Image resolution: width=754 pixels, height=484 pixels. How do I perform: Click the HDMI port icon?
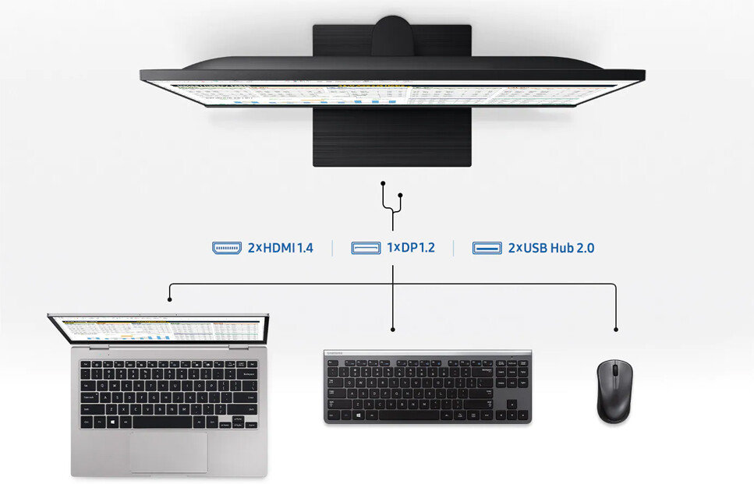tap(227, 248)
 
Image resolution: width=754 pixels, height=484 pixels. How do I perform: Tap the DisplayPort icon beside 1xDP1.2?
tap(366, 248)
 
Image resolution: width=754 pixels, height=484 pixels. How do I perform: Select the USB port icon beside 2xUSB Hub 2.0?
tap(487, 248)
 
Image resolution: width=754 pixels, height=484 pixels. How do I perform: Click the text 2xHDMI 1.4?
tap(281, 248)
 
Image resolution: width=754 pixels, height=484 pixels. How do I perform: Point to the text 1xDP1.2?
tap(411, 248)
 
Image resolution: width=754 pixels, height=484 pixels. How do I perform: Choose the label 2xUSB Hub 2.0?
tap(551, 248)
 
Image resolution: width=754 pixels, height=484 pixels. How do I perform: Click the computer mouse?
tap(614, 392)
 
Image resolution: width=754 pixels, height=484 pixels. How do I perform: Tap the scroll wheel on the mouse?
tap(615, 370)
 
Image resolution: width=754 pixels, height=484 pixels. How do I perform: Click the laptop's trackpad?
tap(168, 452)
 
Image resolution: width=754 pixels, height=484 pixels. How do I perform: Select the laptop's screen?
tap(159, 328)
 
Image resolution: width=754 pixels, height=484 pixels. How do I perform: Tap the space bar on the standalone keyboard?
tap(411, 415)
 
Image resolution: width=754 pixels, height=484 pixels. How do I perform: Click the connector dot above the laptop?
tap(170, 299)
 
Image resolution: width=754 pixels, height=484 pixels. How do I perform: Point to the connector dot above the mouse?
tap(616, 330)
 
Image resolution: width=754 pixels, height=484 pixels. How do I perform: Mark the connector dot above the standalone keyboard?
tap(393, 330)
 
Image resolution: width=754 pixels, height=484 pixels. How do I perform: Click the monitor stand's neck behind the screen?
tap(392, 36)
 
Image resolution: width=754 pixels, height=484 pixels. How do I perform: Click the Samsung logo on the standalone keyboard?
tap(335, 353)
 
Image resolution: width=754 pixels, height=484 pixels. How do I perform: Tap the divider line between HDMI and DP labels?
tap(332, 248)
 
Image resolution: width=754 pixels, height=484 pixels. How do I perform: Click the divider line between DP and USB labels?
tap(454, 248)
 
